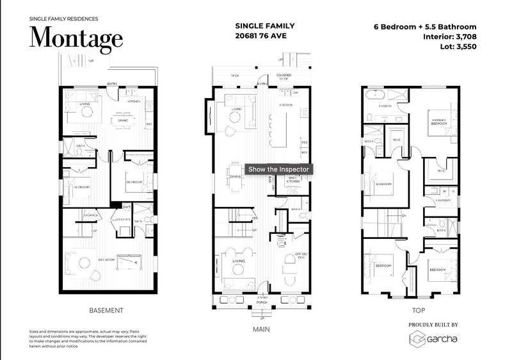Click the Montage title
tap(76, 37)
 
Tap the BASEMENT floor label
tap(106, 310)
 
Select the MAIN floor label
tap(261, 330)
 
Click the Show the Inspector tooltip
tap(279, 169)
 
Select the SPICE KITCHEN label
tap(294, 179)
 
